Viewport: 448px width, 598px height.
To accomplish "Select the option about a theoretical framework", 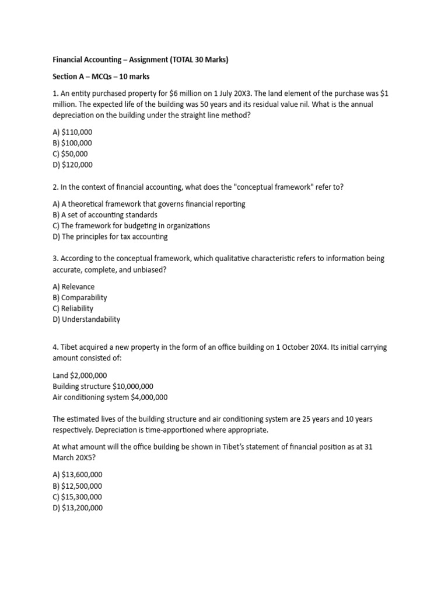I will pos(149,204).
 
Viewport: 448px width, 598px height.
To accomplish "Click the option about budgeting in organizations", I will pos(131,226).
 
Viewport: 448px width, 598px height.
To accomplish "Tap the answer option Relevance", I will pos(73,287).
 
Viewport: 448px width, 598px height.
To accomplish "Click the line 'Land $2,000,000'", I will pos(80,376).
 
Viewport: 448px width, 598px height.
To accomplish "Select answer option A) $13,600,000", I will pos(78,475).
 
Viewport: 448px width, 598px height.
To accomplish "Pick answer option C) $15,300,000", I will pos(78,497).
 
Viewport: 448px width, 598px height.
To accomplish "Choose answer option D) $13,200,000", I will pos(78,508).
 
